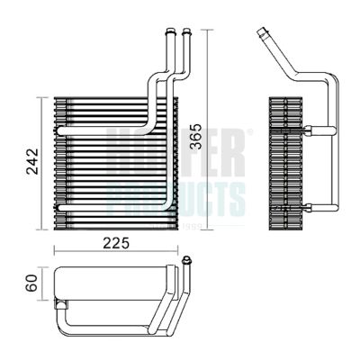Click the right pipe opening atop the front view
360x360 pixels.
(x=186, y=32)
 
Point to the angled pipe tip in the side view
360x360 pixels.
(x=262, y=35)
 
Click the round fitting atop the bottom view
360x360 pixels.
(x=187, y=262)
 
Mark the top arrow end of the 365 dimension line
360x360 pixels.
(x=208, y=31)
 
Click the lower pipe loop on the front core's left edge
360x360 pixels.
(x=59, y=209)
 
